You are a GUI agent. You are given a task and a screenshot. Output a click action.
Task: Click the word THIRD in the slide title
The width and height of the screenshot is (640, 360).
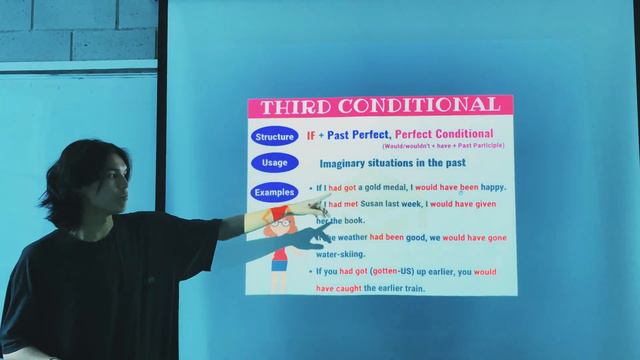click(x=297, y=106)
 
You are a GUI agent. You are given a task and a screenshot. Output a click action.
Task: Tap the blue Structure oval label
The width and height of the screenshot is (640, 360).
click(x=274, y=136)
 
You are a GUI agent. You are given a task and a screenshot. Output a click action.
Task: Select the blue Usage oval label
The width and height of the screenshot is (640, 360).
click(x=274, y=162)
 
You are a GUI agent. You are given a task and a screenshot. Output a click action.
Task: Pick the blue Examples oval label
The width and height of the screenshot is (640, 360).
click(x=274, y=191)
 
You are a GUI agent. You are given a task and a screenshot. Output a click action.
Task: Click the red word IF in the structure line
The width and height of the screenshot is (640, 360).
click(x=311, y=134)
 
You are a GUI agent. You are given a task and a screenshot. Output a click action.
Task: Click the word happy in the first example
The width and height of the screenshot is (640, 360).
click(x=489, y=187)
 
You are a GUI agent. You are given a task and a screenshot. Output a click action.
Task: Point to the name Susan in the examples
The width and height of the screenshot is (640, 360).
click(x=375, y=204)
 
